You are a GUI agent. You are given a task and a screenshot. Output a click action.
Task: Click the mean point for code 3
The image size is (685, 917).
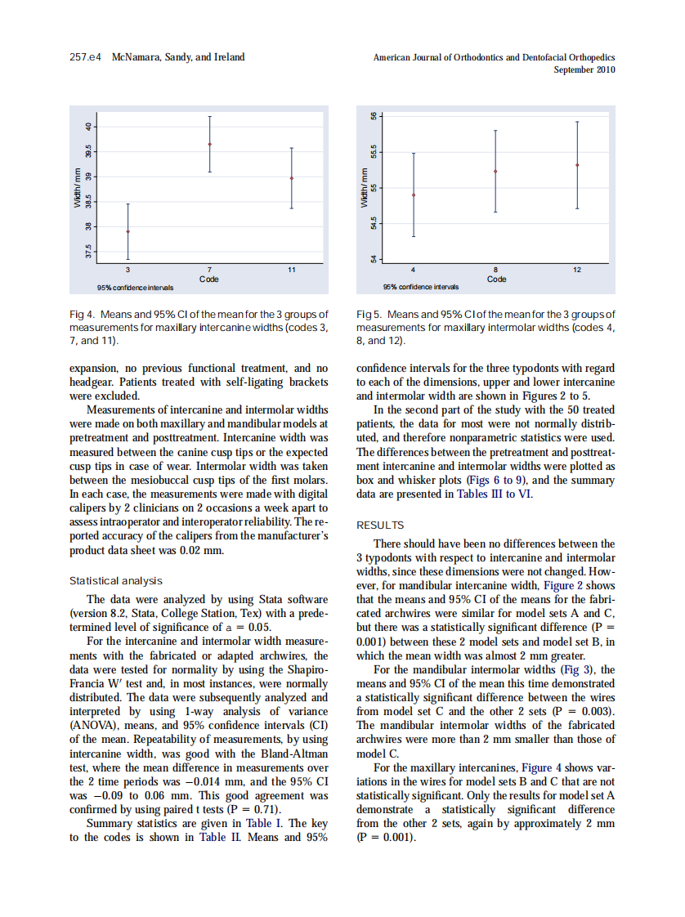click(x=128, y=231)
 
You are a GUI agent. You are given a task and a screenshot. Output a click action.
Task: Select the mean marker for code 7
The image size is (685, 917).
click(x=210, y=144)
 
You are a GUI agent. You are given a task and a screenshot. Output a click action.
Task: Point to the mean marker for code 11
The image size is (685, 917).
click(x=292, y=178)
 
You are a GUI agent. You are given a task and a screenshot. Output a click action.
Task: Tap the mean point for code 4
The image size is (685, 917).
click(x=414, y=195)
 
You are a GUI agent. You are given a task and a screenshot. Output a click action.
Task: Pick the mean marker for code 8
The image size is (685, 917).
click(x=495, y=172)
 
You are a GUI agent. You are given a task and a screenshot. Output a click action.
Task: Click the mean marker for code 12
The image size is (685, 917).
click(x=577, y=165)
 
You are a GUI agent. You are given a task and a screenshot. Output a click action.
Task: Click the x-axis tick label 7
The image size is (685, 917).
click(x=210, y=270)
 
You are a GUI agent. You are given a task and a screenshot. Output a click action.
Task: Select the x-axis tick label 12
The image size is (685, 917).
click(x=577, y=270)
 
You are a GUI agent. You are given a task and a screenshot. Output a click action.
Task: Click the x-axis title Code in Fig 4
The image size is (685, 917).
click(x=210, y=279)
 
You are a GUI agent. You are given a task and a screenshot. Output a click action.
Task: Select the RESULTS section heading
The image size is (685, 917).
click(x=380, y=526)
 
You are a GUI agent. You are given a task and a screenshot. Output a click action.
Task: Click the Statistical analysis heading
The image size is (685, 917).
click(x=115, y=581)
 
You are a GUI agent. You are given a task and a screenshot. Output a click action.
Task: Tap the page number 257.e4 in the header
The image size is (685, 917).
click(x=84, y=57)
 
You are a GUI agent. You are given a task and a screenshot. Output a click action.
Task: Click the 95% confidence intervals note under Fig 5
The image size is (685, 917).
click(x=421, y=287)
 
